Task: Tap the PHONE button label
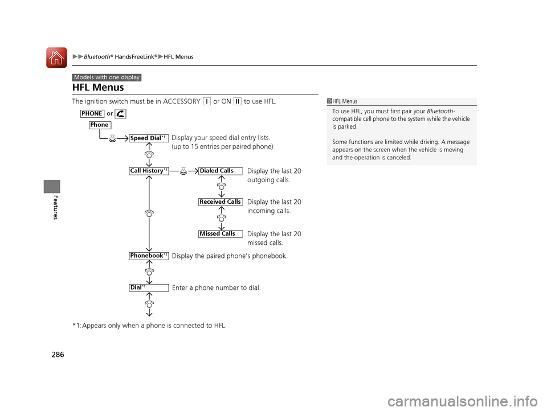point(92,113)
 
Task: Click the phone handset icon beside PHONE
point(120,114)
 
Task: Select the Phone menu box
point(99,125)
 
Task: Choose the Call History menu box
point(149,171)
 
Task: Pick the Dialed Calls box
point(220,171)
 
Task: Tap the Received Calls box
point(220,202)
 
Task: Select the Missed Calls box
point(220,233)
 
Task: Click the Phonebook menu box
point(149,256)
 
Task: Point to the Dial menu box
point(149,287)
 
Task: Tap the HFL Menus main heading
point(98,88)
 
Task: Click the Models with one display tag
point(107,77)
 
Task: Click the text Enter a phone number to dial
point(216,288)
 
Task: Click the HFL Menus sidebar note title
point(345,102)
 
